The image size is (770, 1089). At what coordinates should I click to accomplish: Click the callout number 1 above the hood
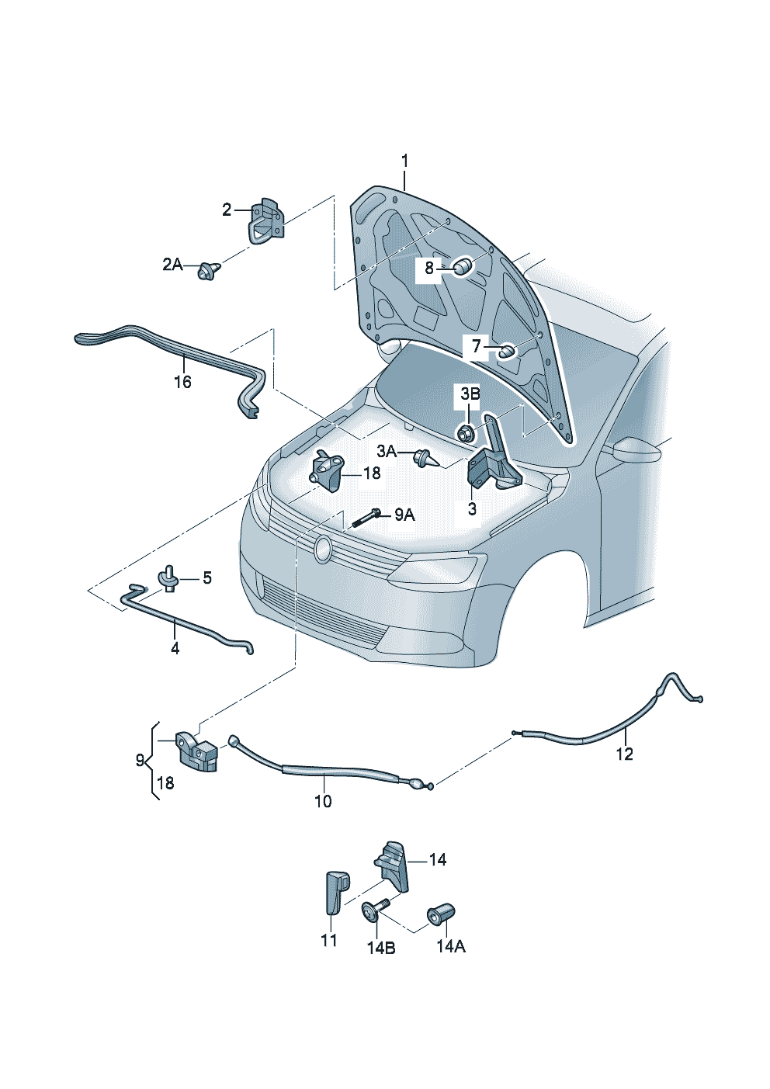pos(404,161)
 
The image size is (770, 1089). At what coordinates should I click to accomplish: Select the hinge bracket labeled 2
pos(266,220)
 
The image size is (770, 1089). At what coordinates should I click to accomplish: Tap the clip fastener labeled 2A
pos(210,269)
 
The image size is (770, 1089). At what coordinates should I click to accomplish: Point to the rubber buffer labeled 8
pos(463,266)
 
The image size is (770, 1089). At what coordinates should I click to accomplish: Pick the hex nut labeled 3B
pos(466,432)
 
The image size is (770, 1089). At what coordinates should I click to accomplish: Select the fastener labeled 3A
pos(425,458)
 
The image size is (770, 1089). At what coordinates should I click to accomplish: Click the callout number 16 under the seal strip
pos(182,382)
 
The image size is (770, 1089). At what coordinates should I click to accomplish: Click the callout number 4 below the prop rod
pos(175,647)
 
